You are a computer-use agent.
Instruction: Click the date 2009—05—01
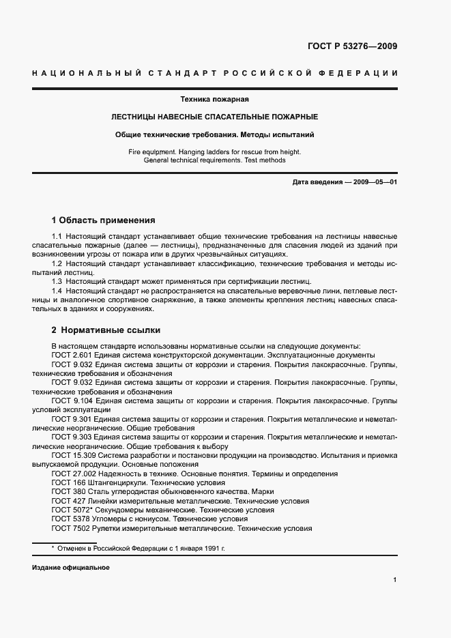[x=375, y=183]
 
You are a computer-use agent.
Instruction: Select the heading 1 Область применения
[x=104, y=220]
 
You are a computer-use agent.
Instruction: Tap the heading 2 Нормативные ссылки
[x=106, y=330]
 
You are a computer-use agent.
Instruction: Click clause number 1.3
[x=57, y=281]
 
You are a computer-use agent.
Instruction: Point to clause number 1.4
[x=57, y=291]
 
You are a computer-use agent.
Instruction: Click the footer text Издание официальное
[x=70, y=568]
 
